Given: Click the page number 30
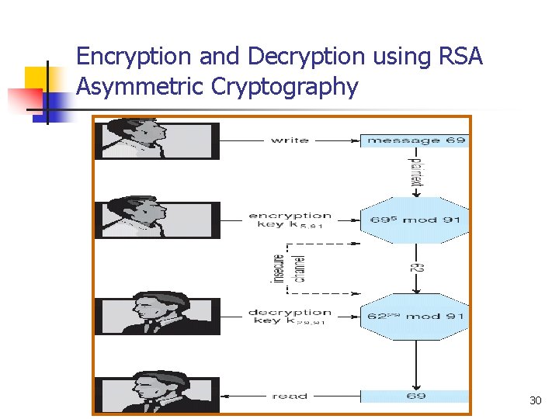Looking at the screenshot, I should click(535, 400).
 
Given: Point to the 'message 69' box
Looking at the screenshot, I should click(415, 140).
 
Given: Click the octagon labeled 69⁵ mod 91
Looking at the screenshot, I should click(415, 220).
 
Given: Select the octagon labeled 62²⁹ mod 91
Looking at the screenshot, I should click(415, 317).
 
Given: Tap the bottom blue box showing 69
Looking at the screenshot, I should click(415, 396).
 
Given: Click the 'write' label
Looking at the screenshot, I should click(289, 140).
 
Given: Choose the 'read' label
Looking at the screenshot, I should click(289, 396).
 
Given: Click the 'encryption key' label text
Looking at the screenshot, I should click(290, 220).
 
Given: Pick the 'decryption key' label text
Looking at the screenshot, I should click(290, 317).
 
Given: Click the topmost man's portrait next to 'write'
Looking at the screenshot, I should click(157, 140).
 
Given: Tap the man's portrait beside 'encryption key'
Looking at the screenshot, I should click(157, 220).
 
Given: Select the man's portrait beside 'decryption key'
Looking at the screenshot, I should click(157, 314).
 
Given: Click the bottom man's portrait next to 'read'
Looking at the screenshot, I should click(157, 393).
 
